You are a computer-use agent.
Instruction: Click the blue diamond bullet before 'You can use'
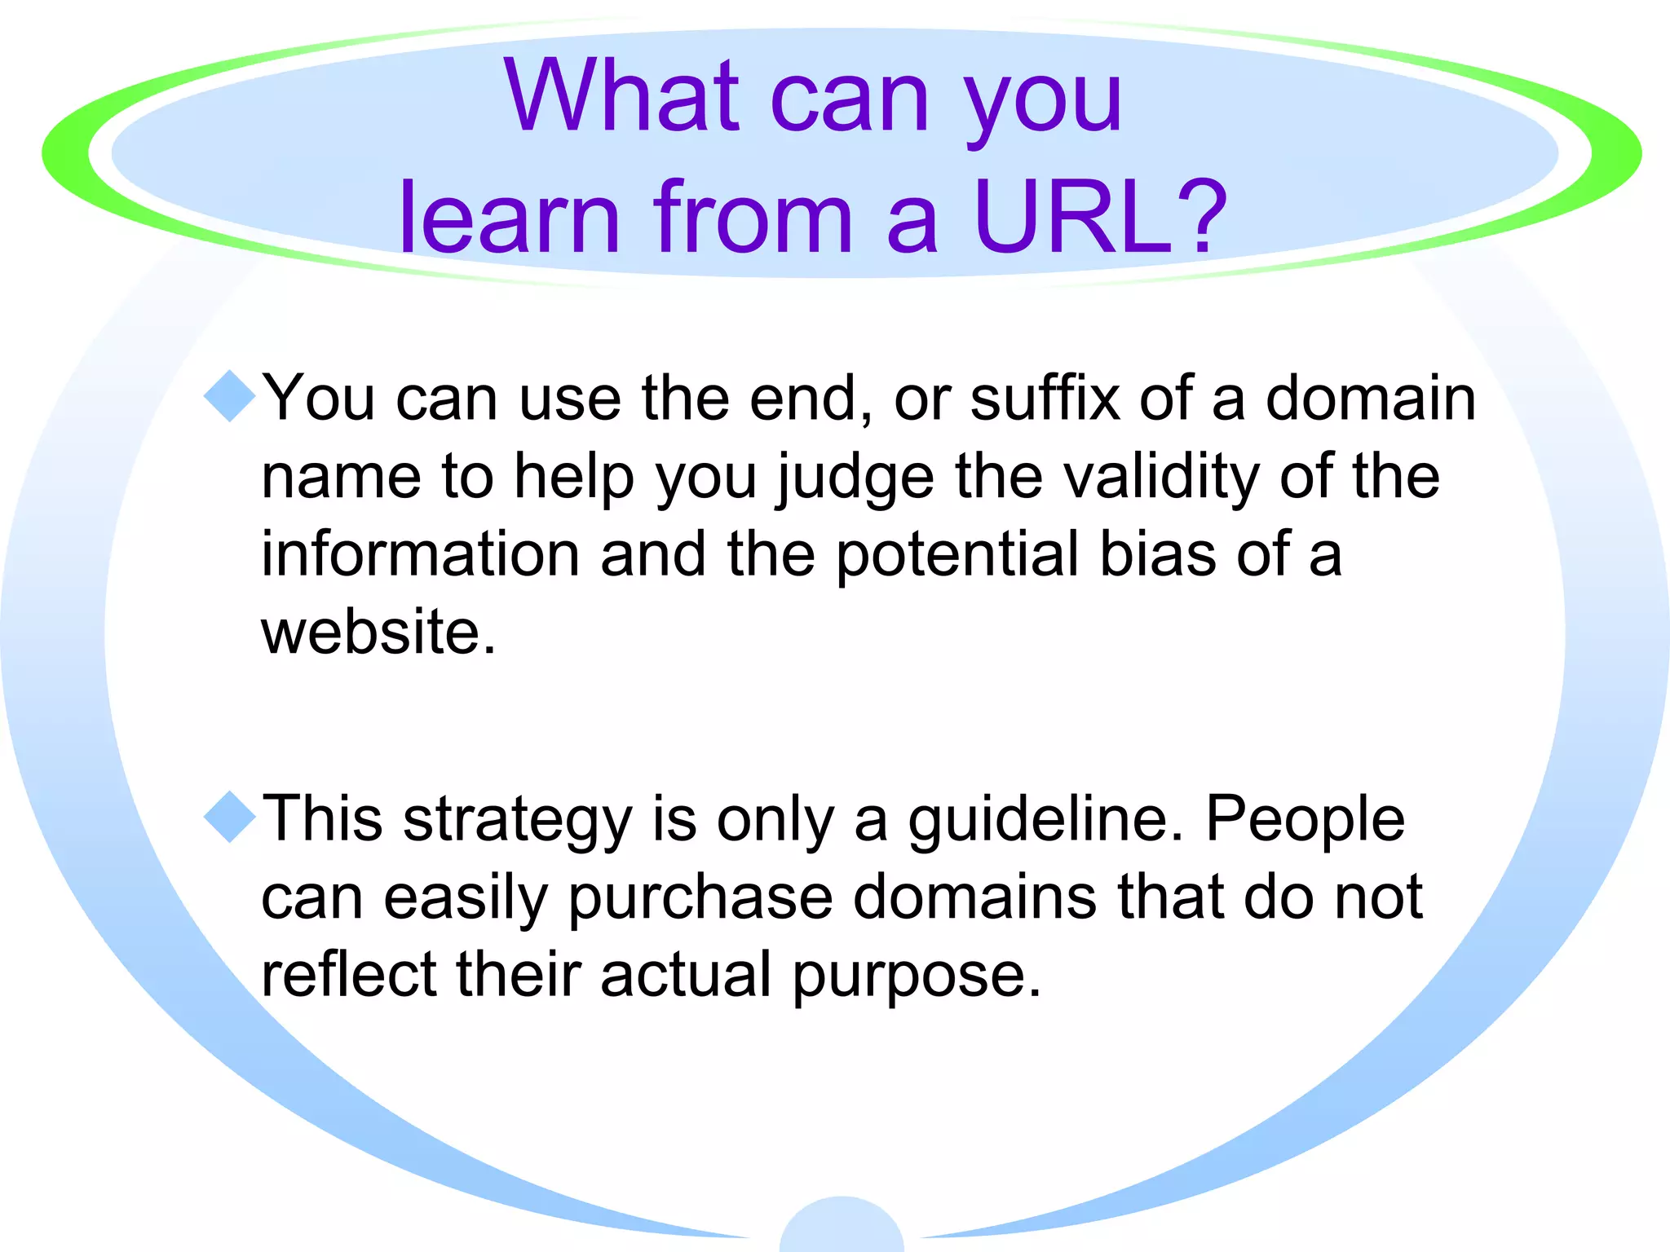[230, 396]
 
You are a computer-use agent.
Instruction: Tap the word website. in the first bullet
[378, 632]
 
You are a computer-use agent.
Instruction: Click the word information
[421, 553]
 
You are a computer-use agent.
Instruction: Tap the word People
[1305, 820]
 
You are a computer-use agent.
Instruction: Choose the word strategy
[518, 820]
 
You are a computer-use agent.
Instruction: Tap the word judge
[855, 478]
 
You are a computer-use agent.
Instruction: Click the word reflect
[349, 973]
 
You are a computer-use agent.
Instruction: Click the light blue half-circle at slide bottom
[842, 1227]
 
